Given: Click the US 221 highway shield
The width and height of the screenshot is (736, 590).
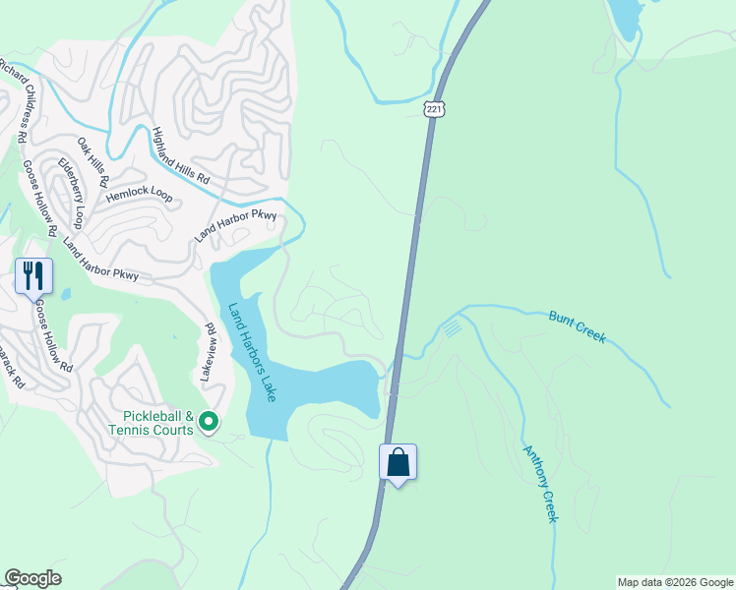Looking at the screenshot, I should pos(433,108).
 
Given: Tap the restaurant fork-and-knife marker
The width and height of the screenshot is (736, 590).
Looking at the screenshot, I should pos(33,276).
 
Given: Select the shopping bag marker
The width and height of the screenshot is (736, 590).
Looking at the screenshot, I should pos(399,462).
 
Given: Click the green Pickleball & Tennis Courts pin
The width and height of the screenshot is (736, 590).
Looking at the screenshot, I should pos(209,422).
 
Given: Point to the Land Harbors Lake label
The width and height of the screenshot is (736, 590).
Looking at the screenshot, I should pos(252,352).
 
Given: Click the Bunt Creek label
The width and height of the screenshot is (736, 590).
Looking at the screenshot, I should pos(577,326).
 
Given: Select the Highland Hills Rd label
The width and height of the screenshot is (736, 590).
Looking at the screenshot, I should pos(181,156).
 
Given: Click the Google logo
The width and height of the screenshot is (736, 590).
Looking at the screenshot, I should pos(32,578).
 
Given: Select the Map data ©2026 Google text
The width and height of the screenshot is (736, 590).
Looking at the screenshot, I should pos(675,582).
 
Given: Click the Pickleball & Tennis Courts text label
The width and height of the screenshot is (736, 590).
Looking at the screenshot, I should pos(152,423).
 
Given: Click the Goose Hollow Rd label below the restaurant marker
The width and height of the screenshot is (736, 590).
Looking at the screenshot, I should pos(55,337).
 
